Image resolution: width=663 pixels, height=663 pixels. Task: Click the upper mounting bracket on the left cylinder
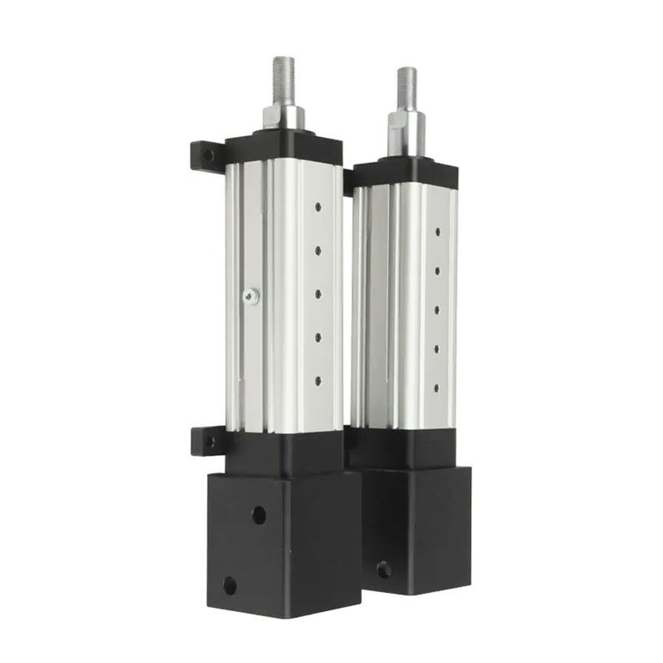pos(206,155)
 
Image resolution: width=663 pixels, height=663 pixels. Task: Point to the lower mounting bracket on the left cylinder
pos(205,439)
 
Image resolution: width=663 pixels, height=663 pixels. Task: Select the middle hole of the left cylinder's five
pos(318,292)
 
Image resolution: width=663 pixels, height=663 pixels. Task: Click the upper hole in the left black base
pos(259,514)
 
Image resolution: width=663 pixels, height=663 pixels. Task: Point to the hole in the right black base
pos(383,569)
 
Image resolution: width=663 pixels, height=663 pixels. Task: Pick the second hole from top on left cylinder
pos(318,248)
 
